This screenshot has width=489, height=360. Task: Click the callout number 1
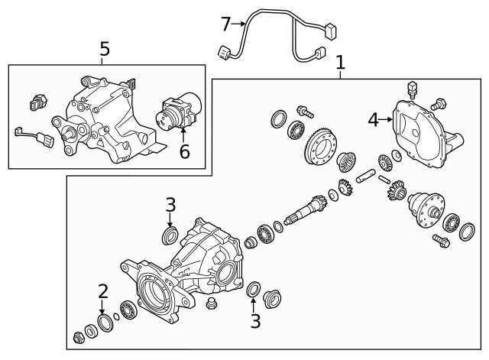340,62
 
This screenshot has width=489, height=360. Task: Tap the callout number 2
103,291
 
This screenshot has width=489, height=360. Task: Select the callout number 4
373,119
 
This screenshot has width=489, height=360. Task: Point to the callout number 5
105,49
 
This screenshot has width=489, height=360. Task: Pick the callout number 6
184,151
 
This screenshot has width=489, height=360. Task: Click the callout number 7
225,24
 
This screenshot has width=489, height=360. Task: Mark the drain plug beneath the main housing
213,306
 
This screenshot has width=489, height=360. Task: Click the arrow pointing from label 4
386,119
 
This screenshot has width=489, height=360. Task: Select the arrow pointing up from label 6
183,136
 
